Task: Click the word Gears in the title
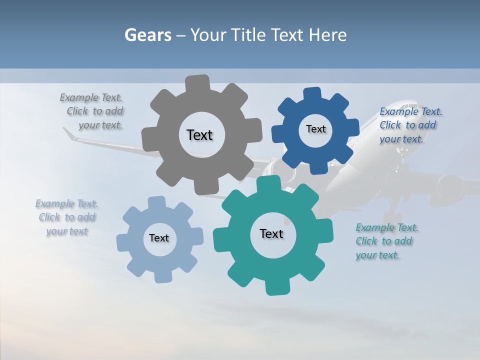click(147, 35)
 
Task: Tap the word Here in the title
click(328, 35)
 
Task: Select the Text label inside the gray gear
click(199, 135)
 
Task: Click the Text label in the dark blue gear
click(315, 129)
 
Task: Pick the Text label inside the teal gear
click(271, 234)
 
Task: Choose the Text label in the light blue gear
click(159, 238)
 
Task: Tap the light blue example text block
click(67, 217)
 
